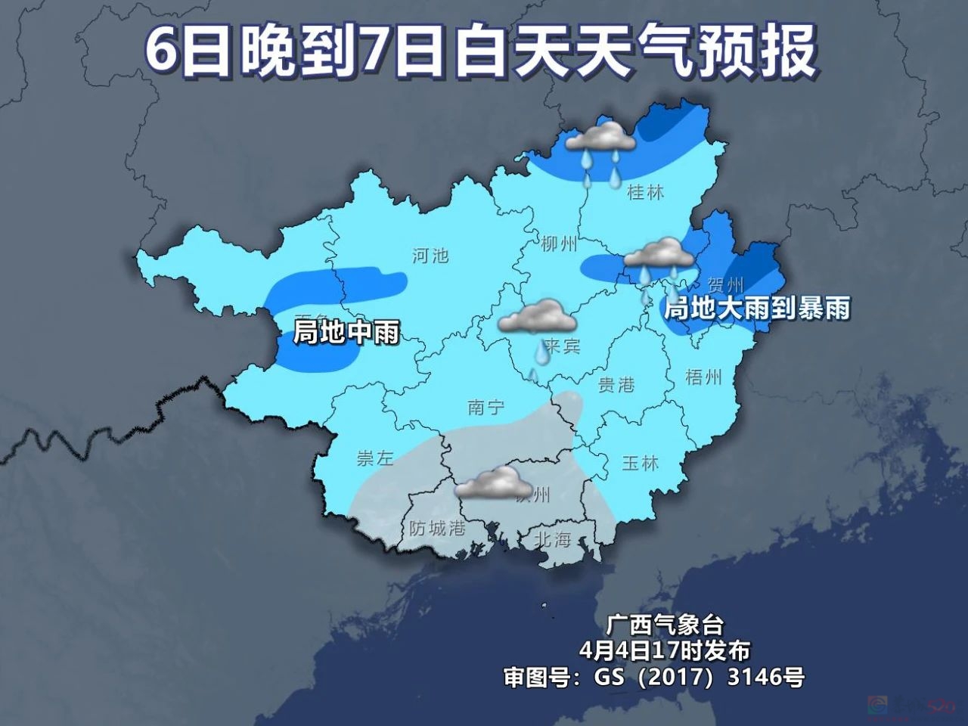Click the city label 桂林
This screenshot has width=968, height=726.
(645, 193)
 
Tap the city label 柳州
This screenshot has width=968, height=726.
(560, 244)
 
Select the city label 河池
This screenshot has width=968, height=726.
(430, 255)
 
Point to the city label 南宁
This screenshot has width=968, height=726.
(486, 408)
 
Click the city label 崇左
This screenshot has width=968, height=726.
(375, 458)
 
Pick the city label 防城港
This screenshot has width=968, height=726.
(436, 528)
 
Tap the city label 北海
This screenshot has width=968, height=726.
(552, 539)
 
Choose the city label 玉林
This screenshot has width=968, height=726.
(640, 463)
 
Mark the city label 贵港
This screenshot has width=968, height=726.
(616, 385)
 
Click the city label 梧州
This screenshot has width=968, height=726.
(703, 376)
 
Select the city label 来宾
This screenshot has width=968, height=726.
(562, 346)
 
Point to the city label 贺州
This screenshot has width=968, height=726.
(725, 285)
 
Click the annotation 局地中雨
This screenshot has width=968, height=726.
(346, 332)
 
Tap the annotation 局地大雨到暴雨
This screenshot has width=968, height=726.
(756, 309)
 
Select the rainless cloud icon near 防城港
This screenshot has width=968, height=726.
(492, 482)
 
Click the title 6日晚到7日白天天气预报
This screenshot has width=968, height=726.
(481, 51)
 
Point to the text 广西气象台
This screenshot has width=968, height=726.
(655, 625)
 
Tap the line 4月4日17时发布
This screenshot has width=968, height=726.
(655, 650)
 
